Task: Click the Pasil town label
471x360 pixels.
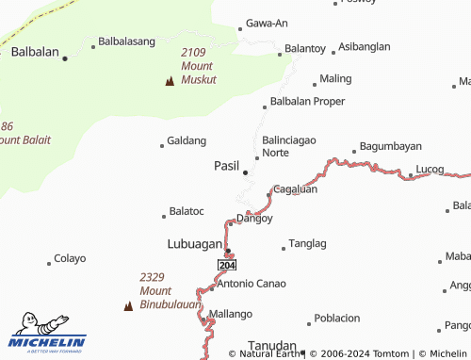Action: (x=226, y=165)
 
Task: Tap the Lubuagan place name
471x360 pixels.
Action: (x=193, y=242)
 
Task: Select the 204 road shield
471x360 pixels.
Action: (x=227, y=266)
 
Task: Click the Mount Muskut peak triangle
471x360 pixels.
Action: (x=170, y=81)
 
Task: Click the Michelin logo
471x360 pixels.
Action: (x=47, y=333)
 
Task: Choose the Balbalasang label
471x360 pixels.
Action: (x=126, y=41)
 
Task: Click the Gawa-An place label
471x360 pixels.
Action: (x=266, y=23)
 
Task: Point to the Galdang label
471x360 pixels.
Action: (x=187, y=140)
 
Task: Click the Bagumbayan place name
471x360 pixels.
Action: (x=390, y=147)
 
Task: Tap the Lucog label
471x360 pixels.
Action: (x=430, y=171)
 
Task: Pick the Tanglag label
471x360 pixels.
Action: (x=307, y=243)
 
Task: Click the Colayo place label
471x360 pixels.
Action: (x=70, y=258)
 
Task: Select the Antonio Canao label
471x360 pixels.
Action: (x=252, y=283)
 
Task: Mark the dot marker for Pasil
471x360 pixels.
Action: (x=246, y=172)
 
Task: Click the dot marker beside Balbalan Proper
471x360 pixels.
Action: (x=265, y=106)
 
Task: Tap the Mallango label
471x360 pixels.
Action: (x=231, y=314)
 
